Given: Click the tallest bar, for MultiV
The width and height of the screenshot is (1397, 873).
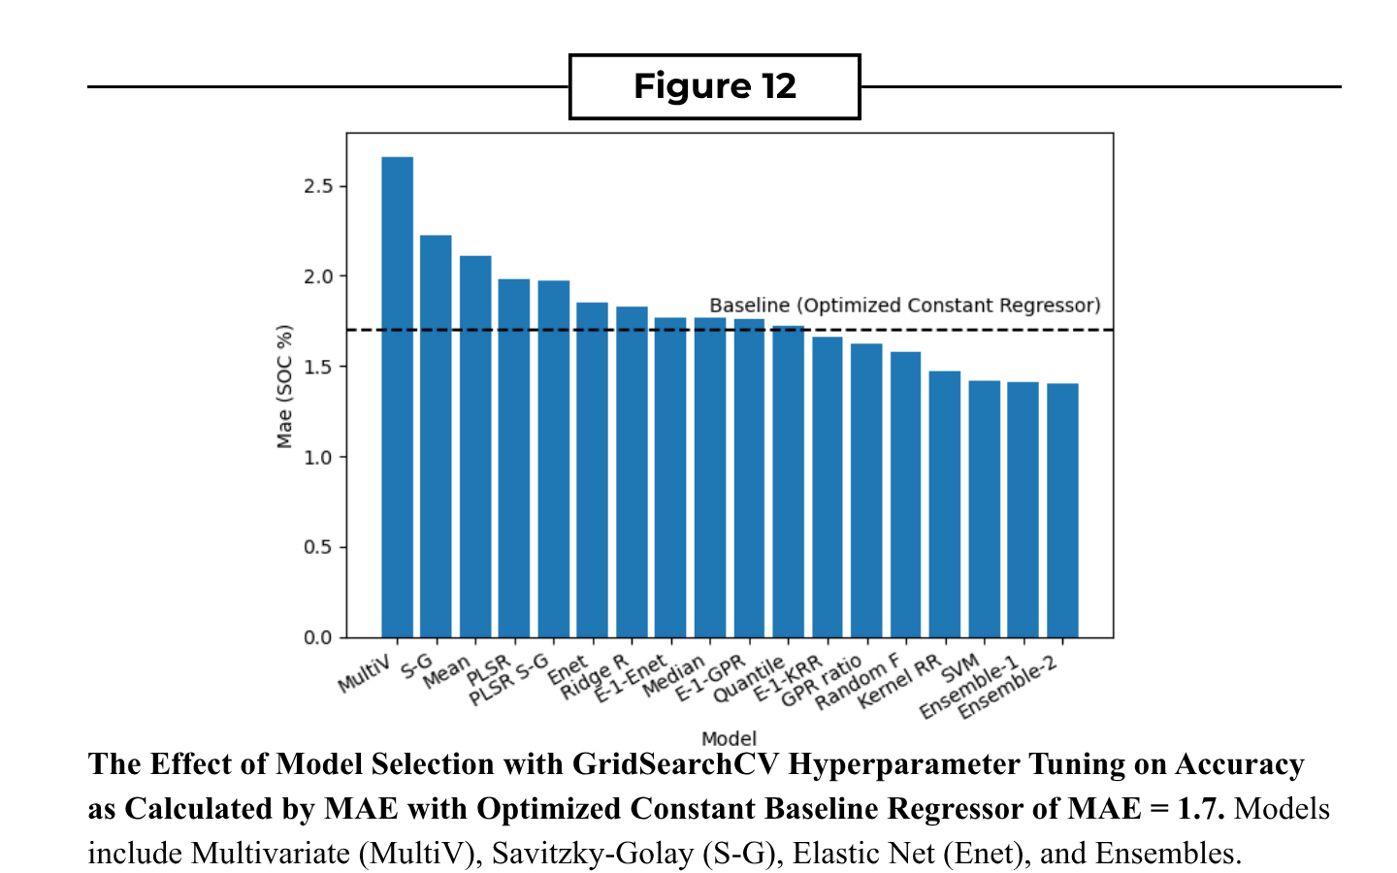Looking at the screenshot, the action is [x=398, y=398].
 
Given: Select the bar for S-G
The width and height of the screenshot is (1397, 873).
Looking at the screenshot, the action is [x=436, y=436].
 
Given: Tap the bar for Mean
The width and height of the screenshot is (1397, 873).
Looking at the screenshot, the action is [x=475, y=446].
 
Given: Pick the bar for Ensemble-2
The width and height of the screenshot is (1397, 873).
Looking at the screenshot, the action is [x=1062, y=510].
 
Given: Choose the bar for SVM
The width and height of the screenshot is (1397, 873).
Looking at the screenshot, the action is [x=984, y=509].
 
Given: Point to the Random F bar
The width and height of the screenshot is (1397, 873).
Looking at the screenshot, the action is [x=905, y=495].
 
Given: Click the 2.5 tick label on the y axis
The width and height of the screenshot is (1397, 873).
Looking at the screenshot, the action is [x=318, y=186].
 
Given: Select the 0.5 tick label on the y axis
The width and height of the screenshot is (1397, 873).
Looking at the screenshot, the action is [x=318, y=547].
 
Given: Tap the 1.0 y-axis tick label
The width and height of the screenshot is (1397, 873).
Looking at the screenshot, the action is [x=318, y=458].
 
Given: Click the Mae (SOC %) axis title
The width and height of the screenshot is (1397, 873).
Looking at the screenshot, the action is [x=284, y=387].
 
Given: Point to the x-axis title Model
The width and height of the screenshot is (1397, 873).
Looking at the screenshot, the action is [x=730, y=739].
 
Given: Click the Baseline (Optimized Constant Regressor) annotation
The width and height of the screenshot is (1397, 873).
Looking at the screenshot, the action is [x=905, y=306].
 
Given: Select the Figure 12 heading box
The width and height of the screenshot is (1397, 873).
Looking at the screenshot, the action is [x=715, y=86].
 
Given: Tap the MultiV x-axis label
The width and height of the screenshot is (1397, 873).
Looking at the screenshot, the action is [x=365, y=674].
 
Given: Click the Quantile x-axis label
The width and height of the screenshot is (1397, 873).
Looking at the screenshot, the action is [x=749, y=680].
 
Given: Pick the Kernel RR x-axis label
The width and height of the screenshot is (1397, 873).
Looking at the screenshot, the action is [x=899, y=682].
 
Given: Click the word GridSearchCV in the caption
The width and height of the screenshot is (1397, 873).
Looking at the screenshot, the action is [x=676, y=764].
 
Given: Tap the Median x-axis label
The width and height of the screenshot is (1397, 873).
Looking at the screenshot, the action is [x=674, y=676].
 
